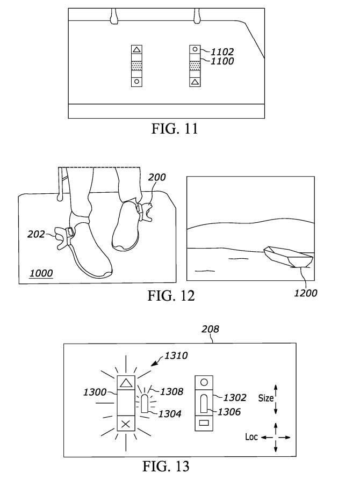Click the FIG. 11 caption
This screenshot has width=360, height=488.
click(x=175, y=128)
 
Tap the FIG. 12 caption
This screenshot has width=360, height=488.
click(x=171, y=296)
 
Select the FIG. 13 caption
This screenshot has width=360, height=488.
click(x=166, y=466)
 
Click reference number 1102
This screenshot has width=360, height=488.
click(x=222, y=52)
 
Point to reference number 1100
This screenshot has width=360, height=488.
click(x=222, y=61)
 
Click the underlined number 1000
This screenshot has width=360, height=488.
click(x=41, y=273)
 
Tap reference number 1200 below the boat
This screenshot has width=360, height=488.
click(x=306, y=293)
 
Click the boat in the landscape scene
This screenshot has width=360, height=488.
click(x=289, y=257)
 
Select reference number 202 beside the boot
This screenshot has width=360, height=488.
click(x=36, y=234)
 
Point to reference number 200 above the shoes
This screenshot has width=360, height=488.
click(x=157, y=177)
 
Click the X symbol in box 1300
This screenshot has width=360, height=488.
click(x=126, y=424)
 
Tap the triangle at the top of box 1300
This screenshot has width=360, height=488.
click(x=126, y=382)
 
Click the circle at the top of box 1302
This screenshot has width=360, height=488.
click(x=204, y=382)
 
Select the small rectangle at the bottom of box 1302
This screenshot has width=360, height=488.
click(x=204, y=423)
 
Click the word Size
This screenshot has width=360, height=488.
click(x=266, y=398)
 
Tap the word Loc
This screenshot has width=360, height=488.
click(x=251, y=437)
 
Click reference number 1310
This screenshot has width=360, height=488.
click(x=176, y=355)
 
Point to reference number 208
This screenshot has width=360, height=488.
click(x=210, y=329)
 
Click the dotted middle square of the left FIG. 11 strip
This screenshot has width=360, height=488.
click(x=136, y=65)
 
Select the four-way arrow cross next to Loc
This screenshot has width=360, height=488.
click(x=276, y=438)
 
